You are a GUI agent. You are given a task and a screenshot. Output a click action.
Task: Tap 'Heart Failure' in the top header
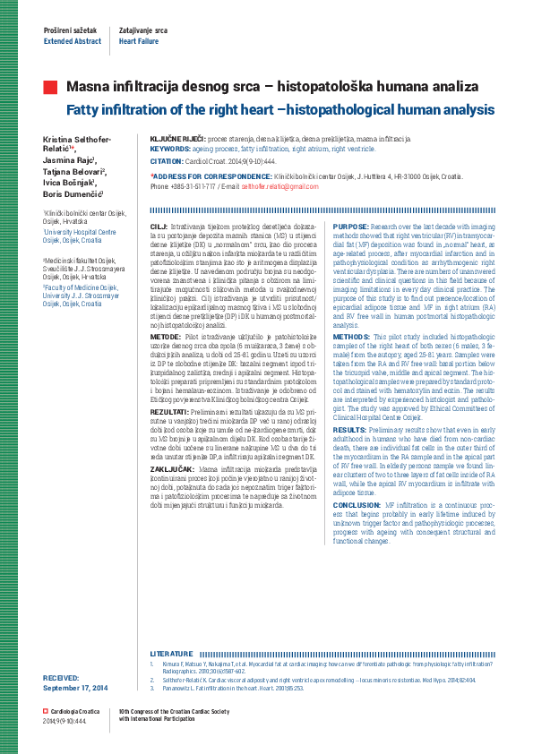tap(139, 41)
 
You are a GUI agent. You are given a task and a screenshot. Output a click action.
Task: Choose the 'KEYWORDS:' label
tap(168, 149)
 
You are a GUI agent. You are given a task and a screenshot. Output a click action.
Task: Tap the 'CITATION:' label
tap(168, 160)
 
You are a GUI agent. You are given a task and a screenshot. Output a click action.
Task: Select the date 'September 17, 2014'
tap(75, 687)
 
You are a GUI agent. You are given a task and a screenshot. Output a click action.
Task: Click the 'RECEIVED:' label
tap(61, 679)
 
